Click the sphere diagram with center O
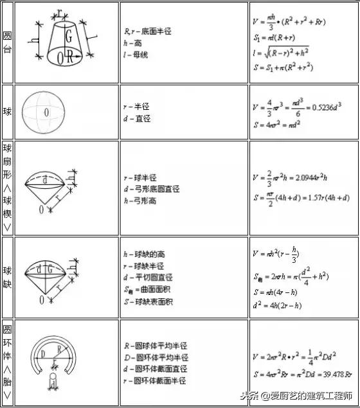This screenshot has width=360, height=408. (46, 112)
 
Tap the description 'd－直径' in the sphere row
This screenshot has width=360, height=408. (138, 119)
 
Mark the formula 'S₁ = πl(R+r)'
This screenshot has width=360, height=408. (276, 38)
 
